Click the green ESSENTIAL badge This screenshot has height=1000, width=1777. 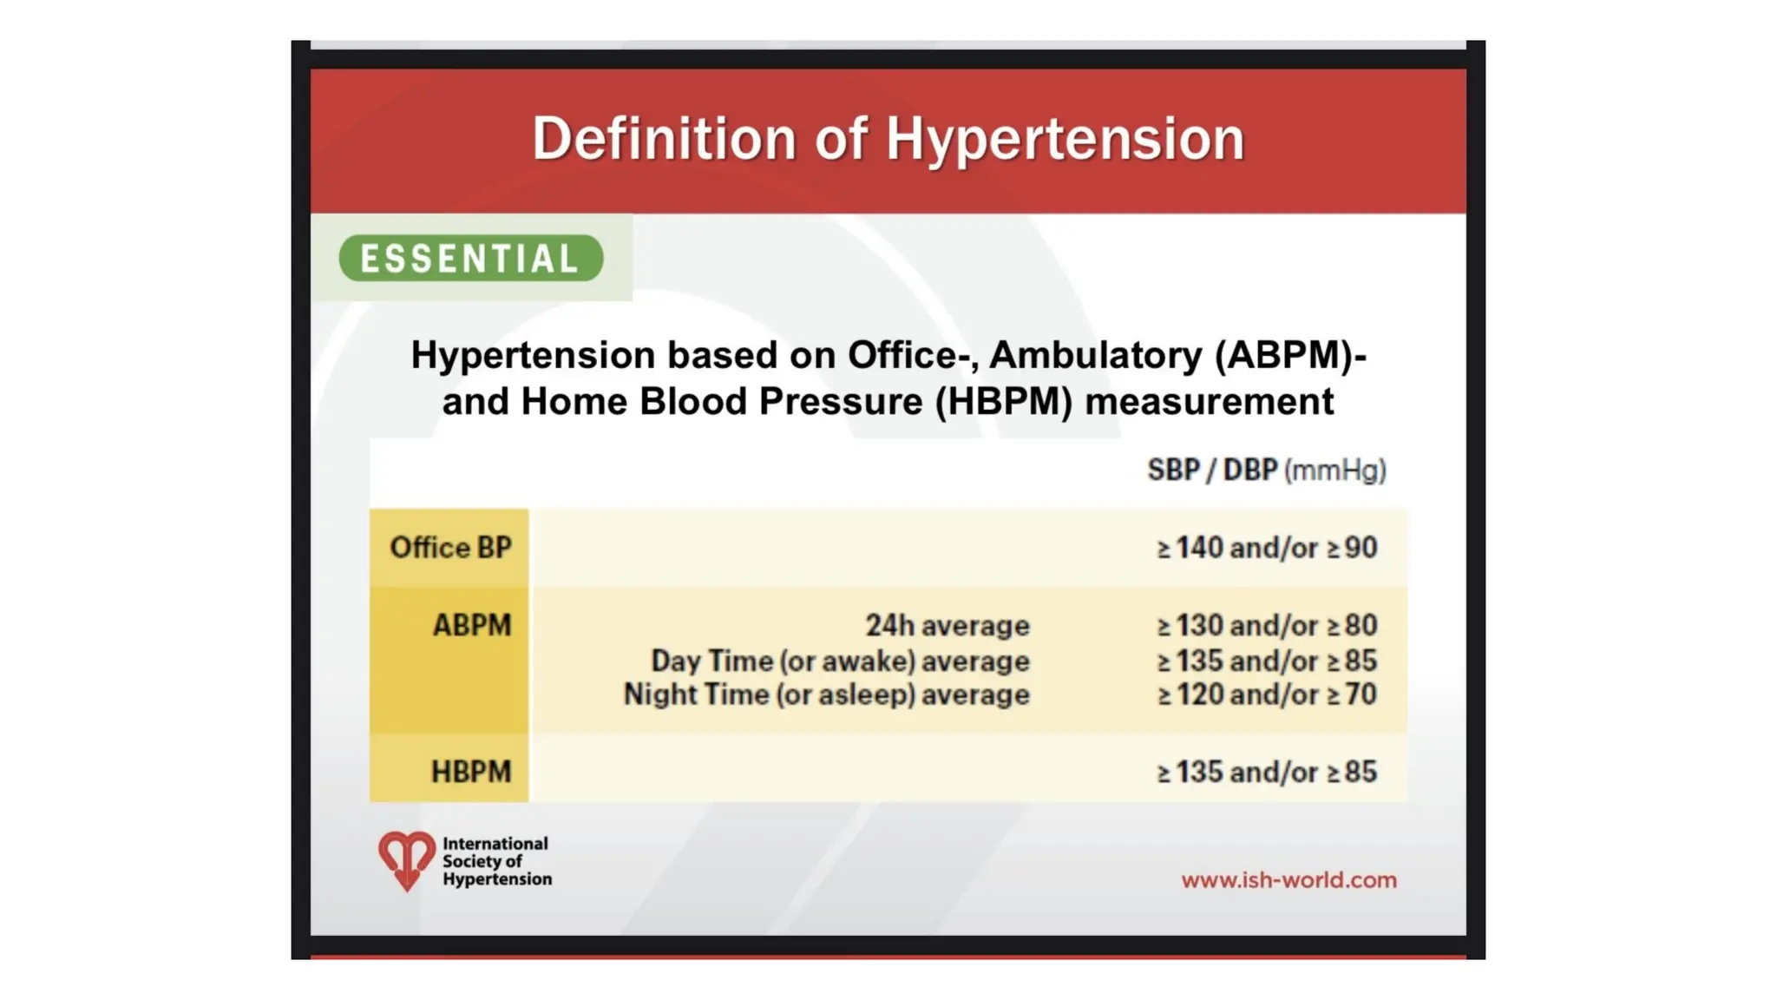coord(470,259)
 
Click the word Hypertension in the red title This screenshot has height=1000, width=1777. coord(1065,139)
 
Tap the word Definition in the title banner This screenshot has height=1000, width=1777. coord(664,139)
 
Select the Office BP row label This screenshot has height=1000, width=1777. coord(450,548)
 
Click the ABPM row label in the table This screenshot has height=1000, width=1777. coord(471,625)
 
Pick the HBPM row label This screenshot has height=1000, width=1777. coord(470,772)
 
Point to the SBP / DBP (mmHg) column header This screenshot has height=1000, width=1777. coord(1266,470)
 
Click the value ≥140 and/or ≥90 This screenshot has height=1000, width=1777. coord(1267,548)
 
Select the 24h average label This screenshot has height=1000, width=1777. coord(947,625)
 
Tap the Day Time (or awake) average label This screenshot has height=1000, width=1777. coord(840,661)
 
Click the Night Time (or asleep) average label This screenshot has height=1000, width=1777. coord(826,694)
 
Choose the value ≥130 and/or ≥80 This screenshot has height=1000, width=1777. coord(1267,625)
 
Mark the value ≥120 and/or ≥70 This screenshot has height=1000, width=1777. coord(1267,694)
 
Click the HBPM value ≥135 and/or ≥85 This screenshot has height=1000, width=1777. coord(1267,772)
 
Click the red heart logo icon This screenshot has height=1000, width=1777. coord(406,859)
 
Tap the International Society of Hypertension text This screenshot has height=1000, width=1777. coord(496,861)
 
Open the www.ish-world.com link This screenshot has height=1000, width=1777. coord(1288,880)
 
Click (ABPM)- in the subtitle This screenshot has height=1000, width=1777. coord(1290,355)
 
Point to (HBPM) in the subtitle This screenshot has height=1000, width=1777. coord(1003,402)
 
